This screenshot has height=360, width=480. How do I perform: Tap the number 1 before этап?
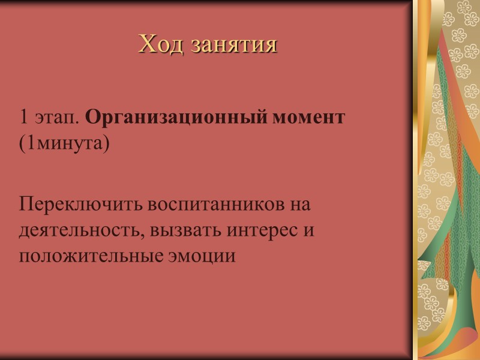(x=24, y=118)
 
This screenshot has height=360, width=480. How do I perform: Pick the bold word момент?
(x=310, y=118)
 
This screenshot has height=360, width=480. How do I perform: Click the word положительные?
(x=91, y=257)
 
